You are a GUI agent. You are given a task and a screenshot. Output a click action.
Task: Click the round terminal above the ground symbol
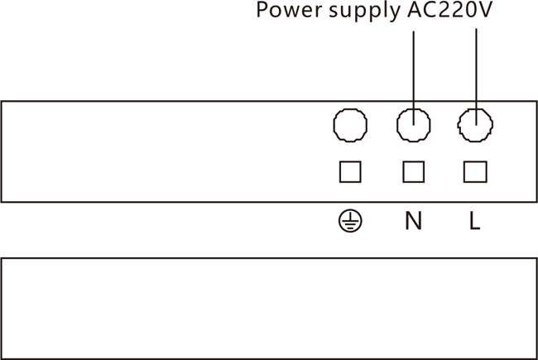tap(350, 126)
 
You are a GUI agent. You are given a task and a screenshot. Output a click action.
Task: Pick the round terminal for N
tap(412, 126)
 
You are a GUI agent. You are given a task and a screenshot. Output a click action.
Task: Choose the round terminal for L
tap(475, 126)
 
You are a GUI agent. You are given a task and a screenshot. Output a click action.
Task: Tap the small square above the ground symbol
tap(350, 171)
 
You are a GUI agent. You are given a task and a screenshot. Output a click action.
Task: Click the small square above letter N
tap(413, 171)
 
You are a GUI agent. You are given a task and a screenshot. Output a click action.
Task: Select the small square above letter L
tap(475, 171)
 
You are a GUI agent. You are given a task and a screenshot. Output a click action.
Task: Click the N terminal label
tap(413, 221)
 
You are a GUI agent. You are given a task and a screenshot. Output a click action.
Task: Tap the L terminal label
tap(474, 221)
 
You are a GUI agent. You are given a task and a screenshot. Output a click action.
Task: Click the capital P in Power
tap(262, 12)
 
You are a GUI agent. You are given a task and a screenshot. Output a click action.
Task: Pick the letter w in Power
tap(290, 12)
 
